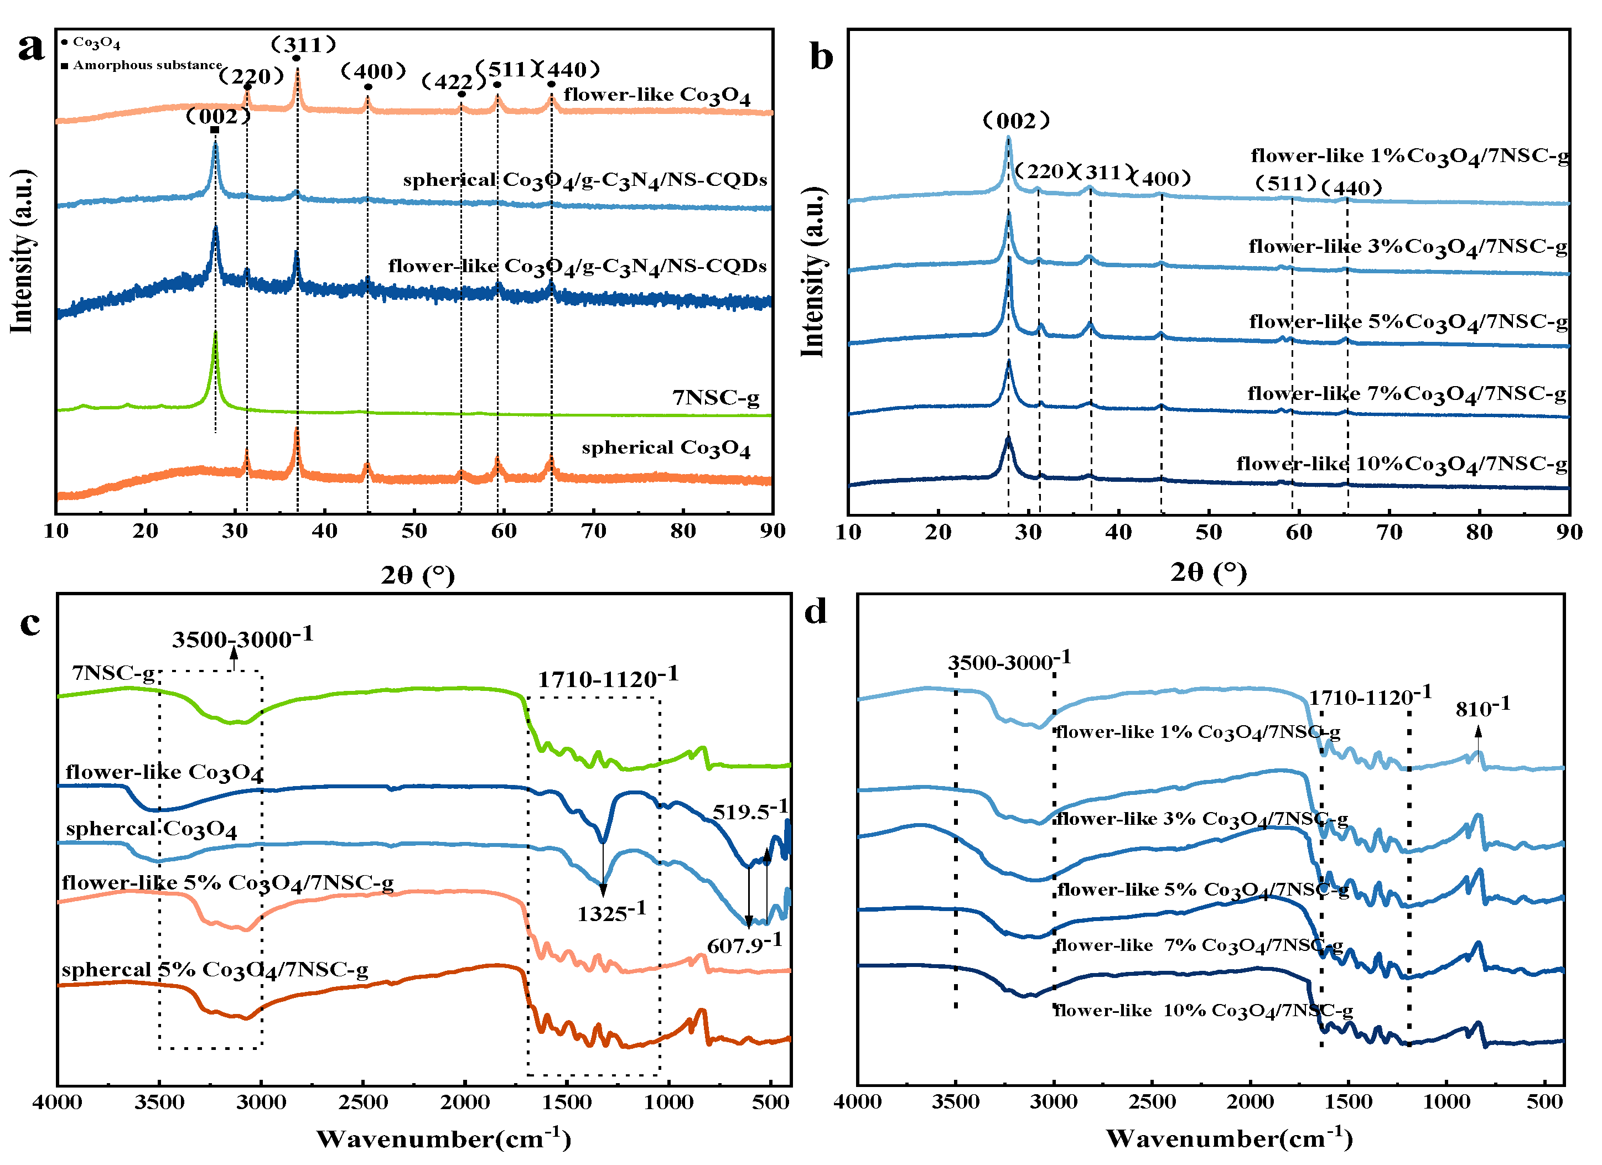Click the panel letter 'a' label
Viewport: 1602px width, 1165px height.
(x=30, y=48)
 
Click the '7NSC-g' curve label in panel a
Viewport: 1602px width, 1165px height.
(x=715, y=398)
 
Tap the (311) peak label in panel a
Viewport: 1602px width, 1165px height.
(x=304, y=44)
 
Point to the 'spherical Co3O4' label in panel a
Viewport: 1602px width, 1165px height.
(x=665, y=448)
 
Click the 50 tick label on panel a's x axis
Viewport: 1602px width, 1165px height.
(x=414, y=532)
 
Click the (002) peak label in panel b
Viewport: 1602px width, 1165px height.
(x=1017, y=121)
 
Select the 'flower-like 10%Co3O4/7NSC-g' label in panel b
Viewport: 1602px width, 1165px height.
(x=1401, y=464)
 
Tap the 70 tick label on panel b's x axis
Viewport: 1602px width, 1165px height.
(x=1389, y=532)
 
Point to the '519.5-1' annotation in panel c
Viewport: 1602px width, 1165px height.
(x=749, y=812)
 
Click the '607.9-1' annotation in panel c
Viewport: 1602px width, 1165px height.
(x=744, y=944)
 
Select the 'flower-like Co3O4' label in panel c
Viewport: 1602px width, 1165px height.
(x=164, y=772)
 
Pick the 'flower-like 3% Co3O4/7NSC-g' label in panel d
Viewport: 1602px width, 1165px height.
(x=1201, y=819)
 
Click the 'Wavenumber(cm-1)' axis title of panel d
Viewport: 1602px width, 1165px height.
(x=1228, y=1138)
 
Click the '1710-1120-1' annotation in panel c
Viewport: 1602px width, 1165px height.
(x=608, y=679)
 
